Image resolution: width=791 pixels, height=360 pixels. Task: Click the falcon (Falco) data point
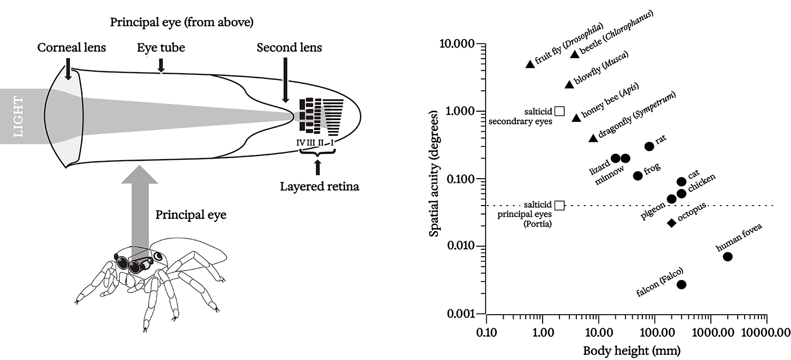681,284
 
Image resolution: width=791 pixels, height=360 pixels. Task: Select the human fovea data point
728,257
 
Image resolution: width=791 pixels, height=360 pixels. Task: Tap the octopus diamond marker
671,223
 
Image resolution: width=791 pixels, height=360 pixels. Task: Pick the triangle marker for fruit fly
530,64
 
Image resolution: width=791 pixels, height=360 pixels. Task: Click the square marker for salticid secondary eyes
560,111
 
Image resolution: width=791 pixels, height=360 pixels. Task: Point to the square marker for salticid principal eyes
560,205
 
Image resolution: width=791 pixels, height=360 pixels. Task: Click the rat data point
649,146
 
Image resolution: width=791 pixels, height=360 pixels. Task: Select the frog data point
638,176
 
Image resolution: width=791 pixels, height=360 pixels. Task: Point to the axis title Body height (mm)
624,350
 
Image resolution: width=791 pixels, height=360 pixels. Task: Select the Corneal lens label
72,48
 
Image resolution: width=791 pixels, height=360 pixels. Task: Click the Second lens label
289,48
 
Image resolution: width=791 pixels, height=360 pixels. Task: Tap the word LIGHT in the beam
18,116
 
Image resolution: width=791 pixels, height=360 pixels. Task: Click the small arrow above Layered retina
317,168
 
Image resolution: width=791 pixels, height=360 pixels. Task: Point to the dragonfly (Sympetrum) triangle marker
593,138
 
